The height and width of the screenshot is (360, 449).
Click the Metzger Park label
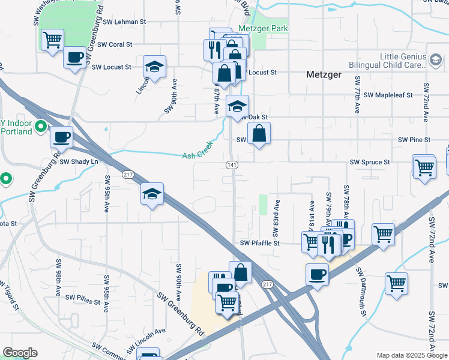[263, 29]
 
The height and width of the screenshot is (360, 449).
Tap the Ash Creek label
[197, 155]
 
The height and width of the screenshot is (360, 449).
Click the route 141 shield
[232, 165]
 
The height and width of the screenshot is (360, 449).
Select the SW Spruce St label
[370, 163]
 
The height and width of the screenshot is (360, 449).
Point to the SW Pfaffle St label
[260, 244]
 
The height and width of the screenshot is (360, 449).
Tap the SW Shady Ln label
[78, 162]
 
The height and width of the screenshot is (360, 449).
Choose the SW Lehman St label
[125, 22]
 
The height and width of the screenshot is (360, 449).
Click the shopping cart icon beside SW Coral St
[52, 40]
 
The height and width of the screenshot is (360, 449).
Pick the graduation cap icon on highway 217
[152, 194]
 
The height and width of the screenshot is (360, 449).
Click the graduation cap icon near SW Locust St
[155, 67]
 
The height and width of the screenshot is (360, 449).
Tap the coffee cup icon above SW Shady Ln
[61, 137]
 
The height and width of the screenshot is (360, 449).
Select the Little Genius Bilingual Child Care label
[403, 61]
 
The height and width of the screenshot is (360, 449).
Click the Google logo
[20, 353]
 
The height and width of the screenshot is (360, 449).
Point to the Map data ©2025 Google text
[411, 355]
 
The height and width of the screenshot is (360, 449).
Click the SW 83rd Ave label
[277, 214]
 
